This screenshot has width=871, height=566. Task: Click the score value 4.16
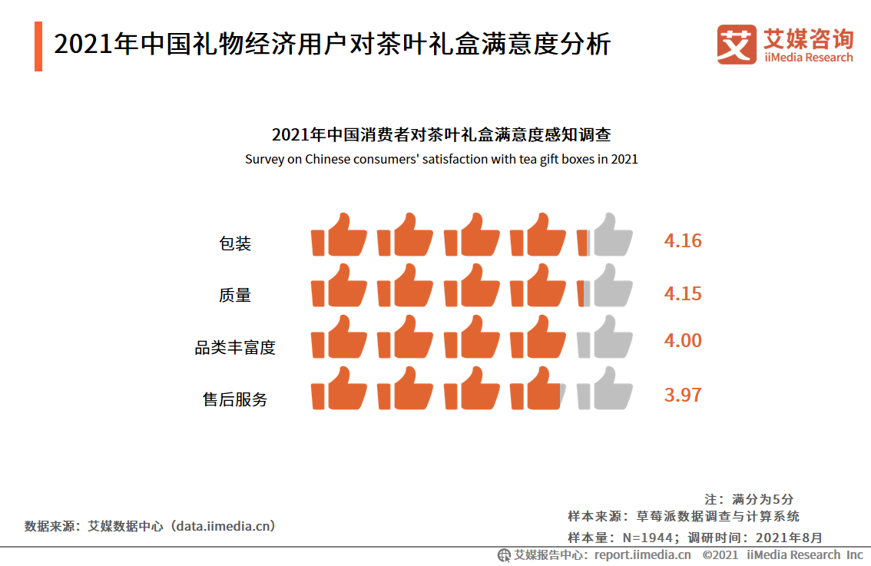pyautogui.click(x=683, y=241)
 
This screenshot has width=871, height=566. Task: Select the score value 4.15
pyautogui.click(x=683, y=294)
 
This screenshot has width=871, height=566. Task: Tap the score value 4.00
pyautogui.click(x=683, y=341)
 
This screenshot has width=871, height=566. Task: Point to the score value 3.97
pyautogui.click(x=683, y=396)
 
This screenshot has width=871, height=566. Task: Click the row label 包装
pyautogui.click(x=235, y=244)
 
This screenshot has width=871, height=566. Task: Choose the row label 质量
pyautogui.click(x=235, y=296)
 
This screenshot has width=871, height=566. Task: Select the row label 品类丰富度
pyautogui.click(x=235, y=348)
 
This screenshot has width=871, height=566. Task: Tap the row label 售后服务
pyautogui.click(x=235, y=400)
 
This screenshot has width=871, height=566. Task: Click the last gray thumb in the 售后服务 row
pyautogui.click(x=605, y=390)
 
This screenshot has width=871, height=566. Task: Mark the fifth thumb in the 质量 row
pyautogui.click(x=605, y=286)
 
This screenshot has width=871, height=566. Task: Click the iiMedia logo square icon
pyautogui.click(x=736, y=45)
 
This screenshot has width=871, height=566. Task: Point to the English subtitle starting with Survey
pyautogui.click(x=441, y=160)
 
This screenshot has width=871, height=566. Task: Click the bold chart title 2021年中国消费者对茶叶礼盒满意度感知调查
pyautogui.click(x=441, y=135)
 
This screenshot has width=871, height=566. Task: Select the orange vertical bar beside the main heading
pyautogui.click(x=38, y=46)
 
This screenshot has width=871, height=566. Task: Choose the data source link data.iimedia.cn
pyautogui.click(x=223, y=526)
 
